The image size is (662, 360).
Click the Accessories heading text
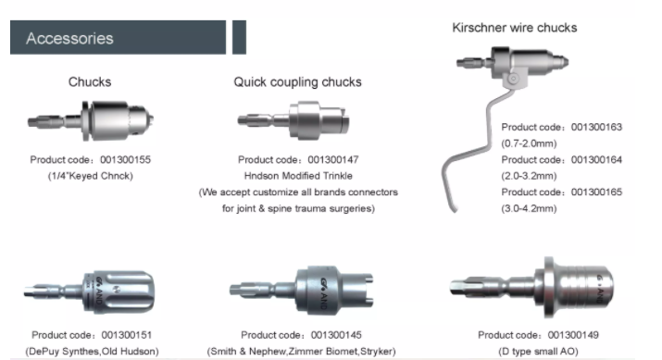[x=69, y=38]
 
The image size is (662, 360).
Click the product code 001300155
[x=125, y=159]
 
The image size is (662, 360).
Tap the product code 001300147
[x=333, y=159]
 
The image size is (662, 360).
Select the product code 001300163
[x=596, y=127]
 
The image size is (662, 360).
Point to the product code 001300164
[x=596, y=159]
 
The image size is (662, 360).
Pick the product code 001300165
[x=596, y=192]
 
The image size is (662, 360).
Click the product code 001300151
[x=127, y=335]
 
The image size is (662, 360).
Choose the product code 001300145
[x=336, y=335]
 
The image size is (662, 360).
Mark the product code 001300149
[x=573, y=335]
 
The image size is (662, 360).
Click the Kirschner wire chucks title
[x=515, y=28]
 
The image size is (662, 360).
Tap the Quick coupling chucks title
[x=297, y=81]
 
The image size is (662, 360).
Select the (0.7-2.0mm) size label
[x=529, y=143]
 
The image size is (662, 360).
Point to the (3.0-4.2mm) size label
[x=529, y=208]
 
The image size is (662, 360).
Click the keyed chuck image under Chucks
[x=91, y=121]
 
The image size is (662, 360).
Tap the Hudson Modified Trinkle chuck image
[x=294, y=120]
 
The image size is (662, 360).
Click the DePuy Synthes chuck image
[x=90, y=292]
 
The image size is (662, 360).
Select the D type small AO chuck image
[x=532, y=287]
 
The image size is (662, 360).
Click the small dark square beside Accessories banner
[x=239, y=37]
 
